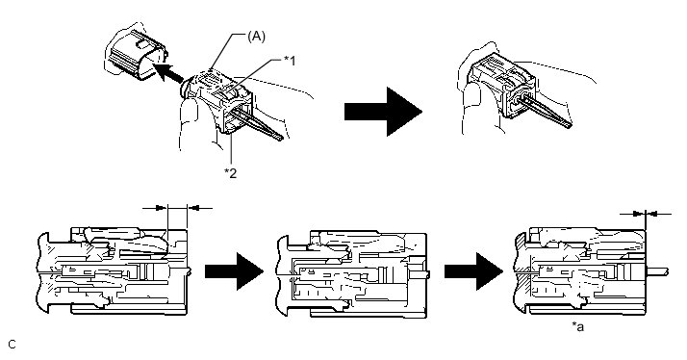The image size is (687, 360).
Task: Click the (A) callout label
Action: coord(256,37)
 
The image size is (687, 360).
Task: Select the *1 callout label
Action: coord(290,61)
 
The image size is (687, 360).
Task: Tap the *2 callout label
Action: coord(231,173)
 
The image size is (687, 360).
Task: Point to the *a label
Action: coord(578,326)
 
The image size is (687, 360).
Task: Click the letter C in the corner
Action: coord(12,345)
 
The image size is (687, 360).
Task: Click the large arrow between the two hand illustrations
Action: coord(383,112)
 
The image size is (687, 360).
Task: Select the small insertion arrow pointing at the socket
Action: coord(168,72)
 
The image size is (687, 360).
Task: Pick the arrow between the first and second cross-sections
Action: coord(234,271)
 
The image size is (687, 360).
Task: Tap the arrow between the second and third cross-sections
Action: coord(473,271)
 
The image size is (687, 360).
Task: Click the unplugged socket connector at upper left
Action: coord(135,54)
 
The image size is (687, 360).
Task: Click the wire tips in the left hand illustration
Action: coord(280,137)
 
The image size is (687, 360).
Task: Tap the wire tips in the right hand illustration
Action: coord(568,125)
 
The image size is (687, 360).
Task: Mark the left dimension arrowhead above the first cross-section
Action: coord(162,207)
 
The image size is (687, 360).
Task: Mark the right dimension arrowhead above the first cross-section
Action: coord(193,207)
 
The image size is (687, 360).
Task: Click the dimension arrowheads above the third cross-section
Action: coord(646,214)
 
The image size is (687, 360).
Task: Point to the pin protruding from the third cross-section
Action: coord(657,271)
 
